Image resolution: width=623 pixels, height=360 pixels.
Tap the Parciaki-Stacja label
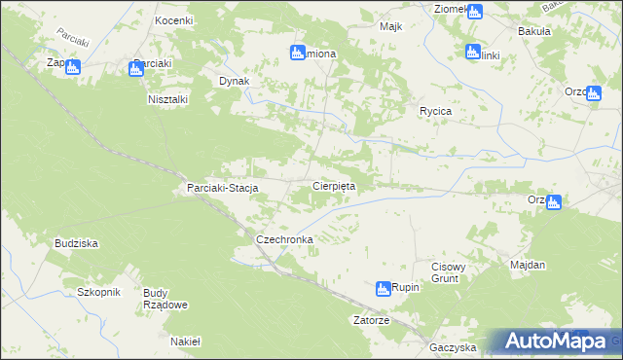[x=221, y=189]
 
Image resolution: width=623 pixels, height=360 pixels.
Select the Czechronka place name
[x=283, y=238]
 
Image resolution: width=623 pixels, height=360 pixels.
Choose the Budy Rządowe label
[x=165, y=299]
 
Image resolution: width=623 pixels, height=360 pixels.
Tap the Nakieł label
[x=184, y=342]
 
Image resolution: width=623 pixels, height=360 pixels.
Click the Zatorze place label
[x=371, y=320]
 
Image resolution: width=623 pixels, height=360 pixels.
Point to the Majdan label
[x=528, y=265]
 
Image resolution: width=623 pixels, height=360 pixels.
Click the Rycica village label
[x=435, y=111]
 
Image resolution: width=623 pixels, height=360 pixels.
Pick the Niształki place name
[x=168, y=99]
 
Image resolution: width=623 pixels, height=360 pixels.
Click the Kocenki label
[x=173, y=20]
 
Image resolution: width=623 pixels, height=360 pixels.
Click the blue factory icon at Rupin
[x=384, y=288]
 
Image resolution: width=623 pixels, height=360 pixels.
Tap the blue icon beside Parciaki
[x=135, y=68]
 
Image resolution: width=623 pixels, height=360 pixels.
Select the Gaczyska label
[x=452, y=347]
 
